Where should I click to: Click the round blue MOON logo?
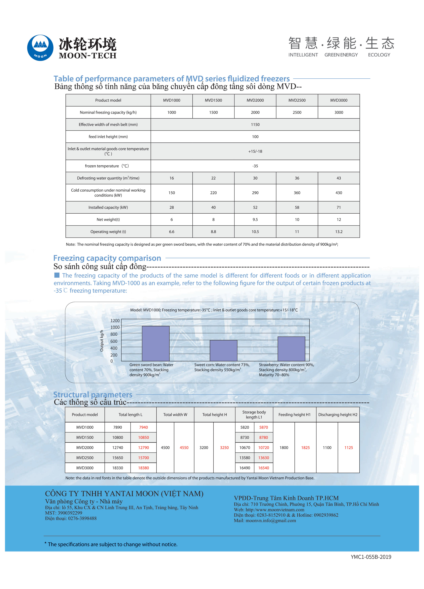(40, 48)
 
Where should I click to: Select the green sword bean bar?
(156, 343)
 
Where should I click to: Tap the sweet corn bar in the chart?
(223, 350)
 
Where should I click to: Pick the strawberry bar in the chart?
(291, 349)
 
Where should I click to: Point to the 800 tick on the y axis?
(114, 334)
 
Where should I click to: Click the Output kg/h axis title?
(102, 341)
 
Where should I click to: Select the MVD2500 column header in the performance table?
(297, 100)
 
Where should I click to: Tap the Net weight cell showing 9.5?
(255, 219)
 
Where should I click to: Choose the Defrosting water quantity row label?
(108, 178)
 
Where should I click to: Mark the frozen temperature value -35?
(255, 166)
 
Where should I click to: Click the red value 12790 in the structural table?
(144, 447)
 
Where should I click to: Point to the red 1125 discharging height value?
(349, 447)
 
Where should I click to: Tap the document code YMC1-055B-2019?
(371, 557)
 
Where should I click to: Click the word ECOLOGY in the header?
(379, 55)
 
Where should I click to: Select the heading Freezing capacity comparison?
(107, 258)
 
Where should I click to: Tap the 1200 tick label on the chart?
(115, 321)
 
